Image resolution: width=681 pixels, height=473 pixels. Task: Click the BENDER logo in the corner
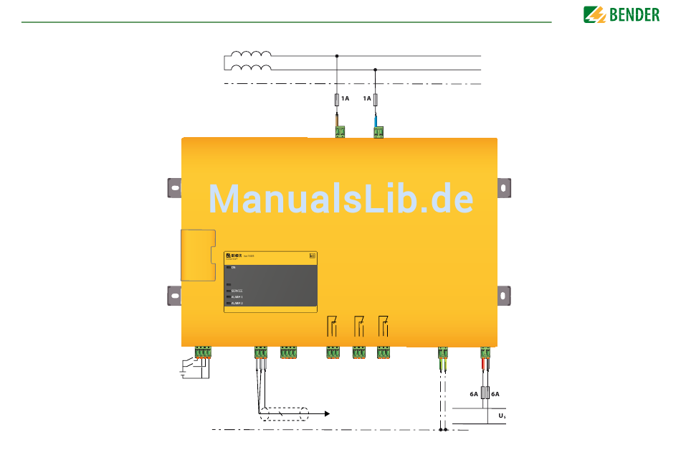(x=621, y=14)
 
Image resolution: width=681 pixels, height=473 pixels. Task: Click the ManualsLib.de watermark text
(x=340, y=199)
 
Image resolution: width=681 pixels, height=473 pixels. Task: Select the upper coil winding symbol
(x=250, y=55)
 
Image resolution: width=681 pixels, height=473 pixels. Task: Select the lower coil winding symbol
(x=250, y=69)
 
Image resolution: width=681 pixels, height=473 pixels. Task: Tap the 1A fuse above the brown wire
(x=337, y=98)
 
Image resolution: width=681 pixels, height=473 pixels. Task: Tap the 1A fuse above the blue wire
(x=376, y=98)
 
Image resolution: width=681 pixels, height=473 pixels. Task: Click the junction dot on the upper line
(x=337, y=55)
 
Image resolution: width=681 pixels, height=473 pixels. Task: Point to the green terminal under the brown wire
(x=339, y=131)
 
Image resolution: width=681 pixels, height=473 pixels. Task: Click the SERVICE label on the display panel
(x=237, y=291)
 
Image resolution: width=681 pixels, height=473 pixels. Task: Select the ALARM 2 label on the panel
(x=237, y=304)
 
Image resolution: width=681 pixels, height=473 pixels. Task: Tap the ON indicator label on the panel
(x=233, y=267)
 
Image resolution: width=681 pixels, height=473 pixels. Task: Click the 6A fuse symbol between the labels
(x=485, y=393)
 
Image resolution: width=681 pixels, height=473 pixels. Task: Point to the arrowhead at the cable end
(x=327, y=414)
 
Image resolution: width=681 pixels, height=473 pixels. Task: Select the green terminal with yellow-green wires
(x=443, y=352)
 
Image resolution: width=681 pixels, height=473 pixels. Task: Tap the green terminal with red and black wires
(x=485, y=352)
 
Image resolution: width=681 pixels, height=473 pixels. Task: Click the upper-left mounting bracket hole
(x=173, y=187)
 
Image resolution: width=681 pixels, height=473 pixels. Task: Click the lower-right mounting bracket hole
(x=505, y=296)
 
